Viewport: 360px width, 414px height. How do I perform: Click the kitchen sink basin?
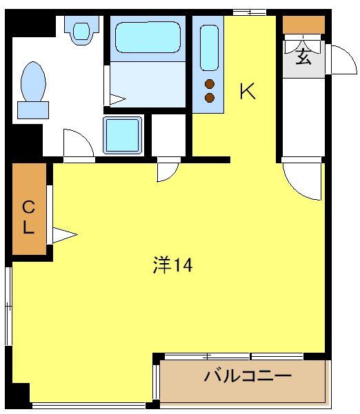[x=209, y=47]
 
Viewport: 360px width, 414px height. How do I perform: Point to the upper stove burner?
[x=210, y=85]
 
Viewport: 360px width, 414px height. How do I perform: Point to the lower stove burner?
[x=210, y=97]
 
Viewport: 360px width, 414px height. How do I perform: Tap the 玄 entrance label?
[x=304, y=57]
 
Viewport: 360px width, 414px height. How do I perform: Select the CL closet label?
[x=28, y=216]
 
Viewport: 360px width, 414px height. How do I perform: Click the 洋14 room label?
[x=172, y=265]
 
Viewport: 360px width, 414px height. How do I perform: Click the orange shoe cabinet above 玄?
[x=303, y=24]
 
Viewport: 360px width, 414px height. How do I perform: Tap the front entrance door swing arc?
[x=340, y=59]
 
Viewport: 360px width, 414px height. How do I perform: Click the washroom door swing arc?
[x=77, y=143]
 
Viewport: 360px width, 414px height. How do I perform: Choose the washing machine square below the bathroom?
[x=123, y=134]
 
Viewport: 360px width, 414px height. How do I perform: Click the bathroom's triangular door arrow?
[x=117, y=99]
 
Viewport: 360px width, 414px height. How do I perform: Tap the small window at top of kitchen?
[x=248, y=11]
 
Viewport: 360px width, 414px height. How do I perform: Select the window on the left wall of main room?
[x=8, y=303]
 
